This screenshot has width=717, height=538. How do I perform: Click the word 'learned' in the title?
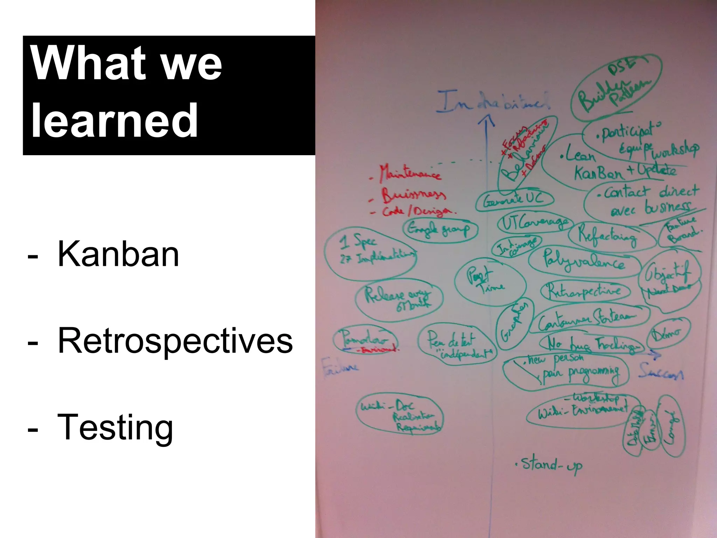coord(114,121)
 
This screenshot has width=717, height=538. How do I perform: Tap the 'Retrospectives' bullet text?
coord(175,341)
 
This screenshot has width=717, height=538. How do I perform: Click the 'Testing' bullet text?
coord(115,427)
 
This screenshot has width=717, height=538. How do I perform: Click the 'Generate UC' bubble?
coord(514,200)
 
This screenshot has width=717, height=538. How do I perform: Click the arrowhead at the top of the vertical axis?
coord(486,122)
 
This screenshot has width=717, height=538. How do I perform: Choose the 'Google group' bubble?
coord(440,229)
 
